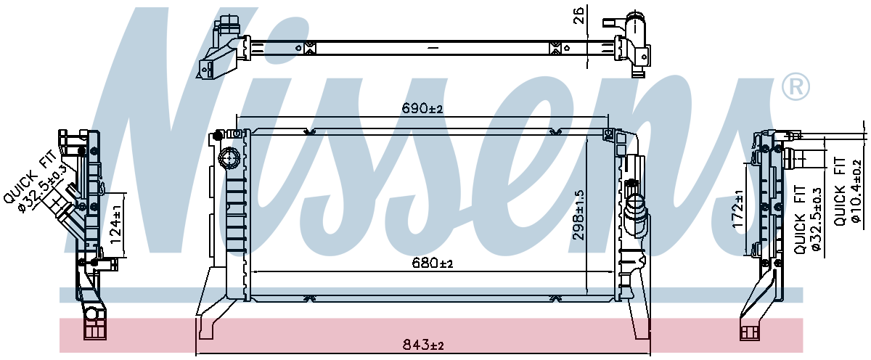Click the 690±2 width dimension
point(422,109)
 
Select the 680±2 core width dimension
point(431,263)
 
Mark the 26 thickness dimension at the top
point(579,16)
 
